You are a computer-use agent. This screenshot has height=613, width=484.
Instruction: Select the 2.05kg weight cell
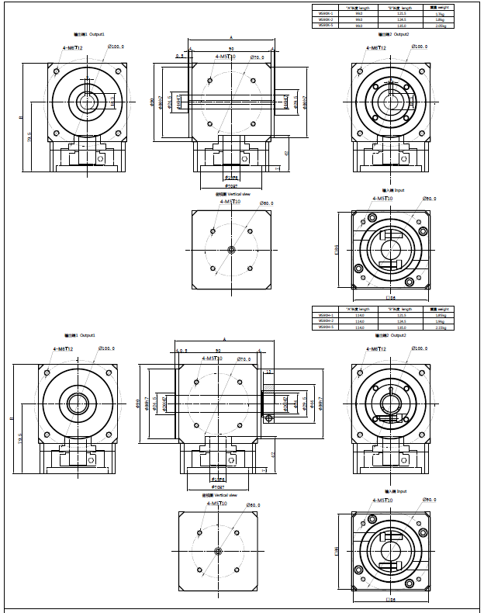[440, 26]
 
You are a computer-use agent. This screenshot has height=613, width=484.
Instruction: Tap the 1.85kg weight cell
[440, 315]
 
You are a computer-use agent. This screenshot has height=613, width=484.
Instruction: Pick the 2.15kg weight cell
[440, 327]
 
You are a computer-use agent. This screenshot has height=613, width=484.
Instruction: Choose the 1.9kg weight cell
[440, 321]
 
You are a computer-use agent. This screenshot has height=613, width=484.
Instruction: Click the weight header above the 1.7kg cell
[440, 7]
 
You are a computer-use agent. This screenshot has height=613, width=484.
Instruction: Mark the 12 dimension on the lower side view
[269, 372]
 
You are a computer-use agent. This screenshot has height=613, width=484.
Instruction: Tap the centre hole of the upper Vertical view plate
[231, 249]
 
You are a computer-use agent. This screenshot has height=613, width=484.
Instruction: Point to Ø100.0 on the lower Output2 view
[420, 349]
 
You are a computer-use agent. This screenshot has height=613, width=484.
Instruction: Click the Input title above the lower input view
[393, 491]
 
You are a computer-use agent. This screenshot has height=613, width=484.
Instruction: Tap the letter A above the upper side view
[231, 37]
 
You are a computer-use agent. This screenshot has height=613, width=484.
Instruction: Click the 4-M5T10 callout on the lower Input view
[382, 500]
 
